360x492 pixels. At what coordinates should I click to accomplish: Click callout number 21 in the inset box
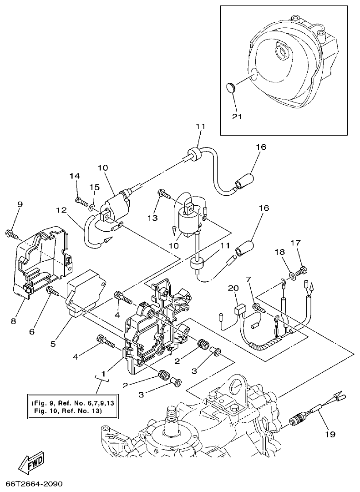point(237,116)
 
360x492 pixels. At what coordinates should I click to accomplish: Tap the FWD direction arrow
point(33,465)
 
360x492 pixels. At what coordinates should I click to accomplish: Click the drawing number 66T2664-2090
point(34,483)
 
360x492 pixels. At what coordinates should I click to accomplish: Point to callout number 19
point(330,435)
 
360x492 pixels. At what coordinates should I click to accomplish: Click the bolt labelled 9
point(11,234)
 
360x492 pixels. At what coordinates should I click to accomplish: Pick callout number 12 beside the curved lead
point(62,210)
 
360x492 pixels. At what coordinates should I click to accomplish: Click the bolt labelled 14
point(81,199)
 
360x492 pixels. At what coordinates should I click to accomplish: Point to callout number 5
point(53,344)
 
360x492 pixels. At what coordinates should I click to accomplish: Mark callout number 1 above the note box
point(104,373)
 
